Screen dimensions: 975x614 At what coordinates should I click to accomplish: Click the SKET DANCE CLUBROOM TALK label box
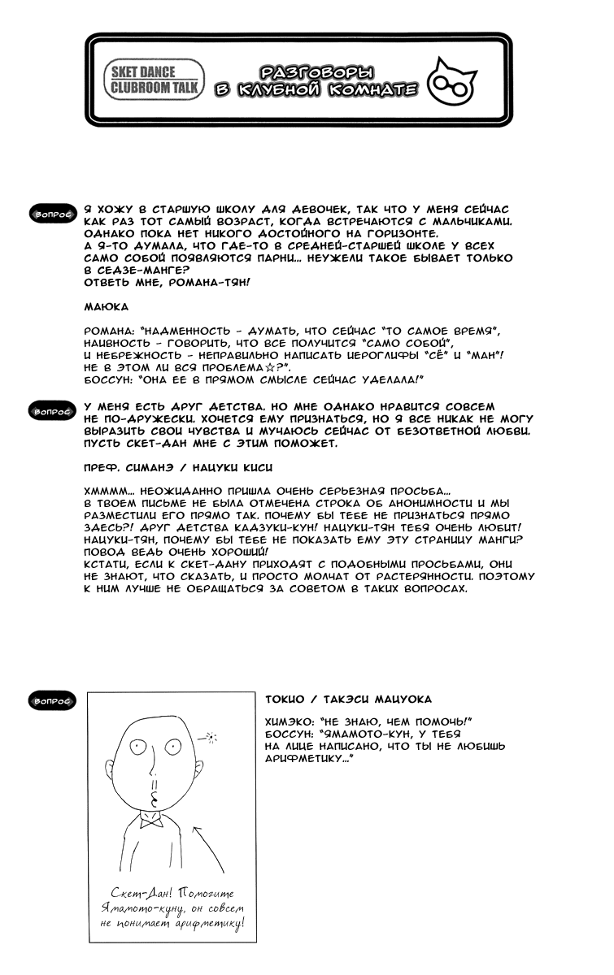coord(154,79)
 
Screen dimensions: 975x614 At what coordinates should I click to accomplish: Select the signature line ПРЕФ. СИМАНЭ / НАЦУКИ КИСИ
coord(178,469)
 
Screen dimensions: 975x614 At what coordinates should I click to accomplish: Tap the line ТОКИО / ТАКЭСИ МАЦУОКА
coord(348,700)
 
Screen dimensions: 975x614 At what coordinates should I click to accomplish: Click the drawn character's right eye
coord(172,747)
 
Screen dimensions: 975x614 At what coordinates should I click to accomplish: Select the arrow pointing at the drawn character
coord(207,848)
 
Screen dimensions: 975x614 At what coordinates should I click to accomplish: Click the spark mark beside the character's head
coord(212,738)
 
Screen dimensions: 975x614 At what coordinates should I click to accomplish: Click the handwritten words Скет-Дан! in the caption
coord(131,894)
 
